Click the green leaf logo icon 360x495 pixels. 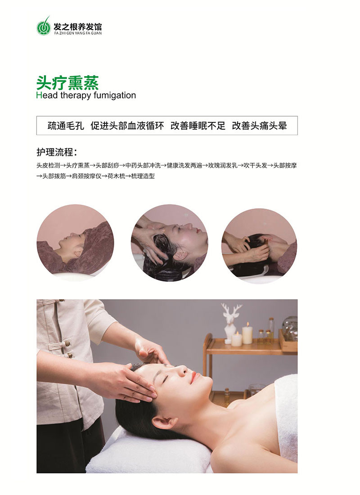click(44, 26)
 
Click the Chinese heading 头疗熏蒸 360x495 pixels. click(67, 83)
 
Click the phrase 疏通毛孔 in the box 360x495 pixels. click(66, 126)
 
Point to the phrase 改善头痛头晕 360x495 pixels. click(259, 126)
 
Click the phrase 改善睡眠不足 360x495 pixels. click(198, 126)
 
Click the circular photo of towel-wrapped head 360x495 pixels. click(75, 243)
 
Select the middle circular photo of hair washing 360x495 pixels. click(170, 243)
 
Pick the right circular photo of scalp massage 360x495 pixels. click(259, 246)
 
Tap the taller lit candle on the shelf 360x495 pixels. click(247, 334)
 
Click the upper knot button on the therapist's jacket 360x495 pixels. click(67, 343)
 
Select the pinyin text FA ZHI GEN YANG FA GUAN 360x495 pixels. click(78, 33)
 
